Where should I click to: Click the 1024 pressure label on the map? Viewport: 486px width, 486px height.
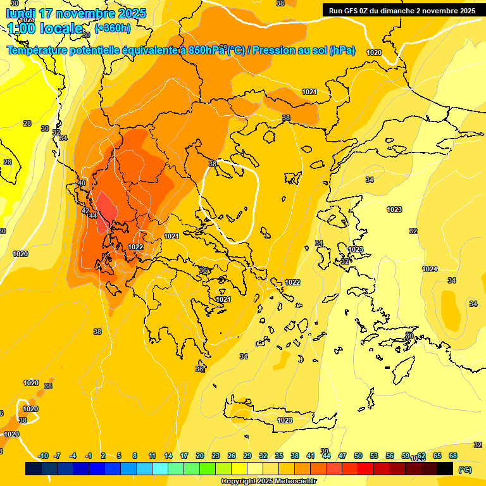(430, 269)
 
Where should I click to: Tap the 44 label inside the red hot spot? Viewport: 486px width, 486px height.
(92, 216)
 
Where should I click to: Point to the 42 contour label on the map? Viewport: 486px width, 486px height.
(85, 210)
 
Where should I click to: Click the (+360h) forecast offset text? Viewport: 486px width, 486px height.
(113, 28)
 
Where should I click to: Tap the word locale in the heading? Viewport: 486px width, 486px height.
(61, 28)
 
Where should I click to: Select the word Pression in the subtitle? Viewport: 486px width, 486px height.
(273, 51)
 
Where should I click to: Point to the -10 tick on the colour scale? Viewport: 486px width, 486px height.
(43, 456)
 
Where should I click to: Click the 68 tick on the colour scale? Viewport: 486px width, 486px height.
(453, 456)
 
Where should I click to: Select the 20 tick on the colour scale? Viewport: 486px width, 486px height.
(200, 456)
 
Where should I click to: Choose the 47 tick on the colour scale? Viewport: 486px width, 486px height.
(342, 456)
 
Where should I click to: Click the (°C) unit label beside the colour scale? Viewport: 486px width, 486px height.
(465, 470)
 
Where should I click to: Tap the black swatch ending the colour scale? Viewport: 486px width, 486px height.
(445, 468)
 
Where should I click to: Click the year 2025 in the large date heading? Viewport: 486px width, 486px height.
(128, 13)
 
